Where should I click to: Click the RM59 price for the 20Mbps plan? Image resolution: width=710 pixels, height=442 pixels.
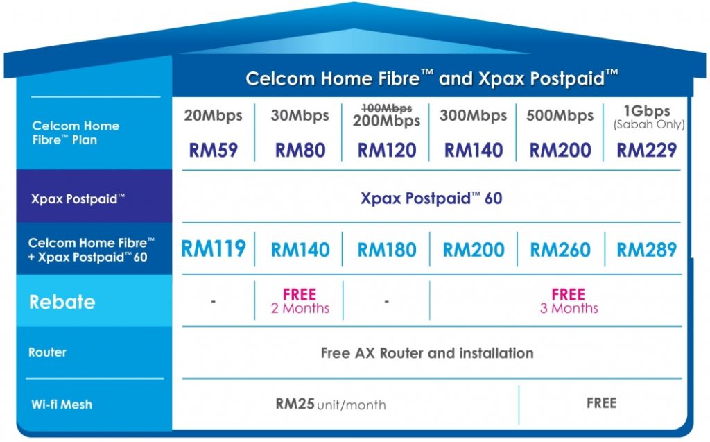(x=213, y=150)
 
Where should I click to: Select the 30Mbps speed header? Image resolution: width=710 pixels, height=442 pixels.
(x=300, y=116)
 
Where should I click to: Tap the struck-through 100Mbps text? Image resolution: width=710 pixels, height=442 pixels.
(x=387, y=108)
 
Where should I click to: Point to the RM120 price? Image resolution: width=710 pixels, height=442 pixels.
(x=387, y=150)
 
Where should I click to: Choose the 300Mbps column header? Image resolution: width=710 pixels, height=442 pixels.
(x=473, y=116)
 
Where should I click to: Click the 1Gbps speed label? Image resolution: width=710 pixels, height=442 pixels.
(x=647, y=111)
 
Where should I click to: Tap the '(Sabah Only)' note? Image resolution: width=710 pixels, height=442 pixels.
(x=649, y=125)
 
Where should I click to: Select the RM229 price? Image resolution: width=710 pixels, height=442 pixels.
(x=647, y=150)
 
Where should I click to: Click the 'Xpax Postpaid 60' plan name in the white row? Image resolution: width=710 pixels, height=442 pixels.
(x=431, y=198)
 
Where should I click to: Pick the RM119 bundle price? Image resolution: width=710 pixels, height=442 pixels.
(x=214, y=248)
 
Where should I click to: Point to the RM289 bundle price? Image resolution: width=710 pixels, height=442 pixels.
(x=647, y=249)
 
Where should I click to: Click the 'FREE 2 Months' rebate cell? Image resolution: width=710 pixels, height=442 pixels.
(x=300, y=301)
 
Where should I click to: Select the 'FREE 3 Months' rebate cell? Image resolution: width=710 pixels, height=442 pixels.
(x=569, y=301)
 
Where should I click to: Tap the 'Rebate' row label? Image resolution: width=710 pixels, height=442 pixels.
(x=62, y=302)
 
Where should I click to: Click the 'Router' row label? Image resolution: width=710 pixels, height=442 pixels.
(x=47, y=352)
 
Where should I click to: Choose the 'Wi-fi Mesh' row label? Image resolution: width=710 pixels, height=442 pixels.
(x=62, y=404)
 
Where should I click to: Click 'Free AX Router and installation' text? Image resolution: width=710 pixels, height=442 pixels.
(x=427, y=352)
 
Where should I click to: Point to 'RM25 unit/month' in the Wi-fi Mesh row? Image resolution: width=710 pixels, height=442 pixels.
(x=331, y=404)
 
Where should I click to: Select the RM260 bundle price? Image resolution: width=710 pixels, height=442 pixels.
(x=560, y=249)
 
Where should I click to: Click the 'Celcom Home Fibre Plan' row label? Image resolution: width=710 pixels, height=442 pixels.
(x=76, y=133)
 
